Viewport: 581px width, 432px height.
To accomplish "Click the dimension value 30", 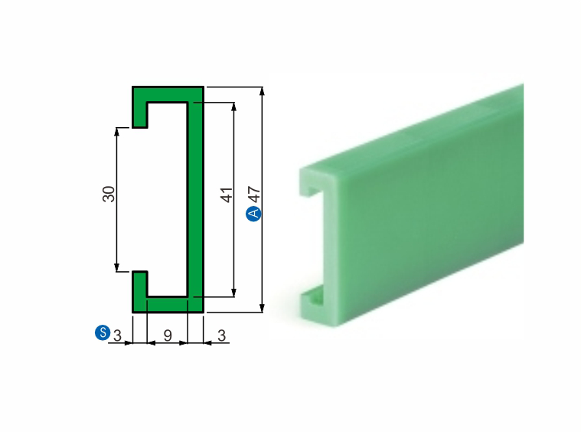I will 109,194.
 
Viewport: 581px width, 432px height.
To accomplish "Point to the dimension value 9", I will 168,335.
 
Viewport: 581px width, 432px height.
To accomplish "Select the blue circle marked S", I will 102,332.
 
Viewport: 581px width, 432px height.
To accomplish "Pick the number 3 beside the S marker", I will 117,335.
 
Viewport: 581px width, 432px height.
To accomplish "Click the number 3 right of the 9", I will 221,335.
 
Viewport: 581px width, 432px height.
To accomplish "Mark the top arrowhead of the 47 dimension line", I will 263,92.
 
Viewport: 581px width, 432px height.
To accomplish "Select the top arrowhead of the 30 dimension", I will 117,131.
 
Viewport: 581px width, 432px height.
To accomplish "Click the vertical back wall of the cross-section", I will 195,199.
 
